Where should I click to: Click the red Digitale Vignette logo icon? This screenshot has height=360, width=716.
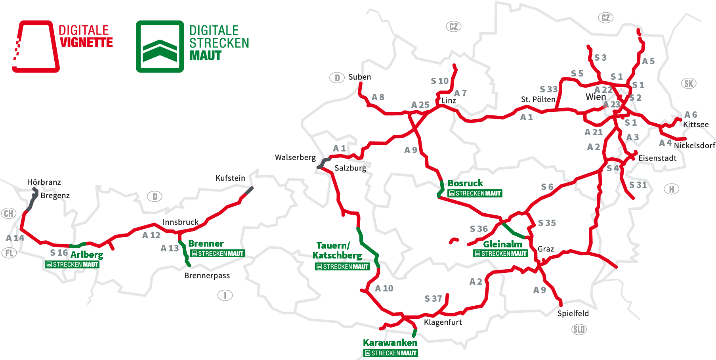click(36, 46)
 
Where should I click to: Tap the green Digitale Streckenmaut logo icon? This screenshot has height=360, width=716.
click(160, 47)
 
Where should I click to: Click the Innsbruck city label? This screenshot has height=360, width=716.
click(180, 222)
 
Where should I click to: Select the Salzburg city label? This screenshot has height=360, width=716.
click(350, 168)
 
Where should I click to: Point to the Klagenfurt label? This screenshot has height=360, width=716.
click(443, 322)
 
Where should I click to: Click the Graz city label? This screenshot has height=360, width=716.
click(546, 249)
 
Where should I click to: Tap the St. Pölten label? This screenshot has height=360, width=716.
click(538, 99)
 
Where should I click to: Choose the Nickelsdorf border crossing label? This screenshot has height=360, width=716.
click(694, 146)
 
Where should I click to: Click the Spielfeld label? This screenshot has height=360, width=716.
click(573, 314)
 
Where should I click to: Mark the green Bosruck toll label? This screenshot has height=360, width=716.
click(465, 183)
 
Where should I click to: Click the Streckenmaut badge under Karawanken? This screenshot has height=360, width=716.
click(390, 353)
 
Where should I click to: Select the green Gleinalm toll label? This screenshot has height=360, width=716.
click(502, 244)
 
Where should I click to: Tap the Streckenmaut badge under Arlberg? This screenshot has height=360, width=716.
click(72, 264)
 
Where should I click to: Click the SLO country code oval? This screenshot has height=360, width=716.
click(579, 329)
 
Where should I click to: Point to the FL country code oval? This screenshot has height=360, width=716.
click(9, 253)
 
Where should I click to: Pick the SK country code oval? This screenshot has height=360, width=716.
click(689, 84)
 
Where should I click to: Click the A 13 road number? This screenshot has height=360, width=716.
click(170, 249)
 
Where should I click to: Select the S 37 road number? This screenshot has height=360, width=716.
click(433, 299)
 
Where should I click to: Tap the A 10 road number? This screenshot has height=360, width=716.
click(384, 289)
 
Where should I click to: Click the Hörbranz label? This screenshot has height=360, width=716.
click(44, 182)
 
